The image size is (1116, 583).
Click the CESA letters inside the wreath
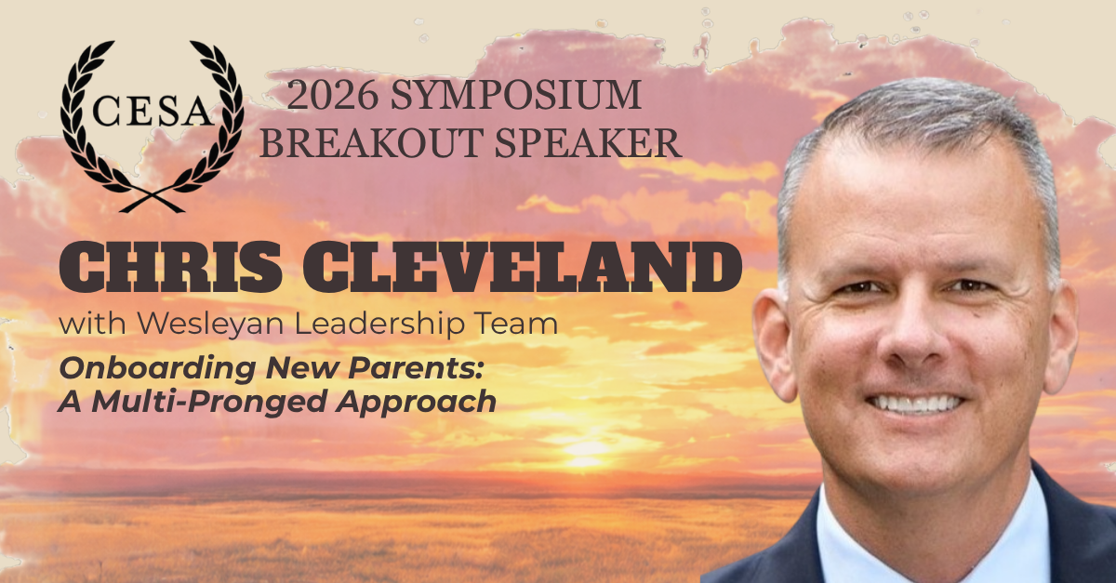point(152,112)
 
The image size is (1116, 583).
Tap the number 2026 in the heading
point(332,95)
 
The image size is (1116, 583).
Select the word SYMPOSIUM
point(515,95)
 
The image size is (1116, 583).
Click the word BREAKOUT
point(372,143)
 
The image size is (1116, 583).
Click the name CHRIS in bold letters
point(171,268)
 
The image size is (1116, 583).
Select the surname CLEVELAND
point(522,268)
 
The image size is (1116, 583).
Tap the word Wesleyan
point(210,324)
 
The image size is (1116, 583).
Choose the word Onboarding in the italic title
point(157,369)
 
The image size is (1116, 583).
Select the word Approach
point(416,402)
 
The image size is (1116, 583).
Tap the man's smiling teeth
point(916,403)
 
